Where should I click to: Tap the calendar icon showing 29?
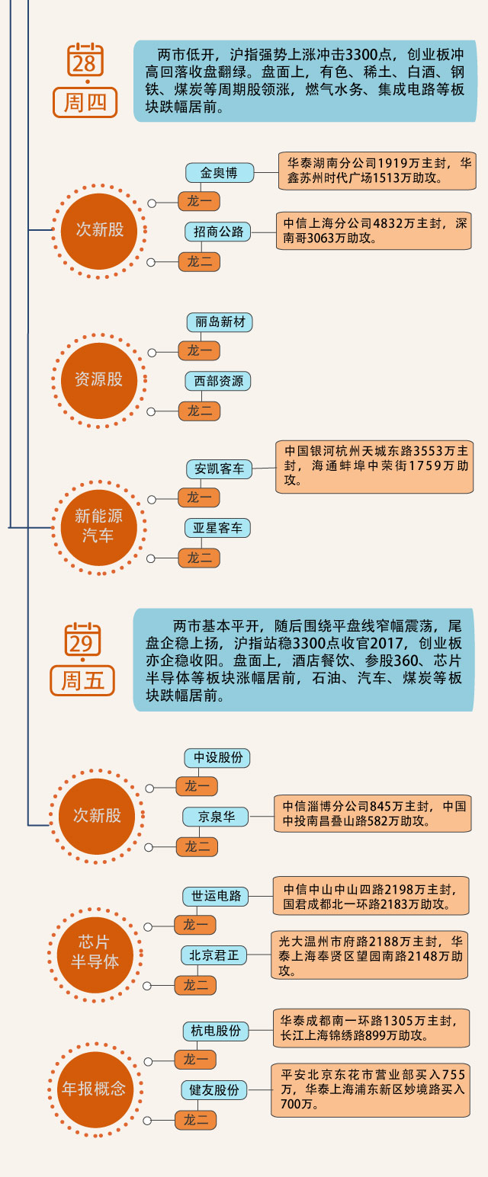(82, 641)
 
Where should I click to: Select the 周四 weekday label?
(85, 102)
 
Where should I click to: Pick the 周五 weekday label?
(82, 680)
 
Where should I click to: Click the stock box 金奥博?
(219, 173)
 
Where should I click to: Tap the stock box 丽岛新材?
(219, 321)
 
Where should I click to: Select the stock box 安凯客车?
(219, 469)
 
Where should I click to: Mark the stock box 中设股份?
(217, 758)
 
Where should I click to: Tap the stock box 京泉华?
(217, 817)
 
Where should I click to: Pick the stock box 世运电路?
(216, 896)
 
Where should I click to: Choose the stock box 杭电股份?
(216, 1031)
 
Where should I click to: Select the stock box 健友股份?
(215, 1090)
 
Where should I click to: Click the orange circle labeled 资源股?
(98, 379)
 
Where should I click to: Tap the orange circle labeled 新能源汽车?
(98, 526)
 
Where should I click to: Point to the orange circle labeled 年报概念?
(95, 1089)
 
